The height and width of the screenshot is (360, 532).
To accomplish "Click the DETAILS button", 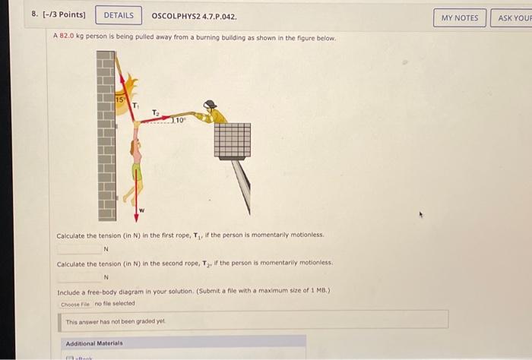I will (x=118, y=15).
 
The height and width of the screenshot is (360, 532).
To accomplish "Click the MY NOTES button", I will (x=459, y=17).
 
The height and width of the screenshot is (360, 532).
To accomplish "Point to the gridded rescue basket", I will (x=231, y=141).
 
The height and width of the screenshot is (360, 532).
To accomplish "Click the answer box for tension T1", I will (x=79, y=248).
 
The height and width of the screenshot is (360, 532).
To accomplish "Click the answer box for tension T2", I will (x=79, y=276).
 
